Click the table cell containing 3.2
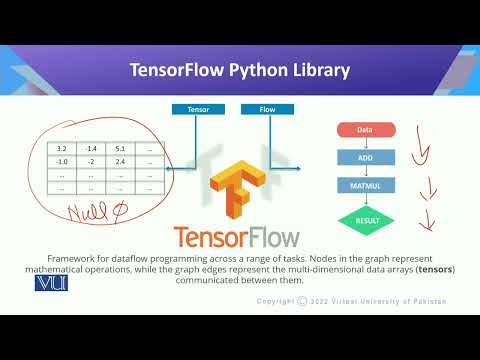pos(62,148)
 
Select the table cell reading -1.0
pos(62,160)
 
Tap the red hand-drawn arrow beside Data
pos(423,150)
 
